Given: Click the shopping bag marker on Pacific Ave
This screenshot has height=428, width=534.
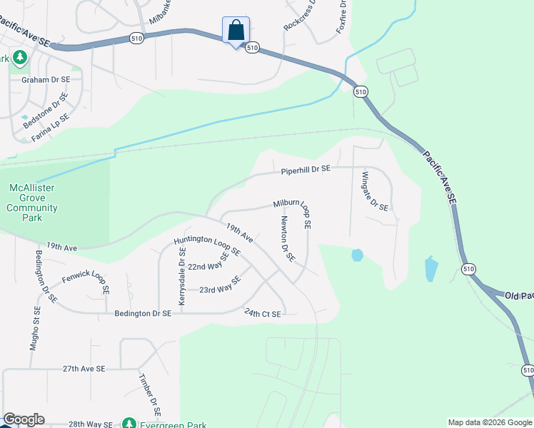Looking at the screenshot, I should coord(236,31).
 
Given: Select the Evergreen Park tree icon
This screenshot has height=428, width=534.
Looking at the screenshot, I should coord(129,423).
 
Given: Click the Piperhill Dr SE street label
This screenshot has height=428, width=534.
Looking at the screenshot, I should coord(306,170).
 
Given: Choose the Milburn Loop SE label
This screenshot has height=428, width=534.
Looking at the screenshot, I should coord(293,213).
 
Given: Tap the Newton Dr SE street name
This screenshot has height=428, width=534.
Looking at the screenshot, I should coord(288,238).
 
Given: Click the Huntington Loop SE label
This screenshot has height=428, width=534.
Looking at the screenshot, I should coord(207,245).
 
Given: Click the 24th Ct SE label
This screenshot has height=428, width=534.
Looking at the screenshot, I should coord(262,312).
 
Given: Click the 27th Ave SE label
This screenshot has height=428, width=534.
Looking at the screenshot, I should coord(84,369).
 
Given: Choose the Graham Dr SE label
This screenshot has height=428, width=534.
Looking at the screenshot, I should coord(46,80).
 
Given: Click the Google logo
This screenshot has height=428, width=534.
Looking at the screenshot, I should coord(24,419).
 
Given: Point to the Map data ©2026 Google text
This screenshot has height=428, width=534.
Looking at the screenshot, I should coord(489,422).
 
